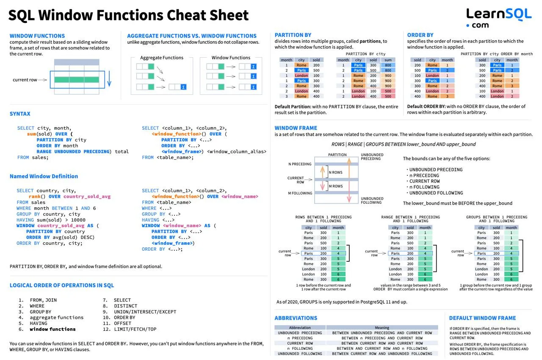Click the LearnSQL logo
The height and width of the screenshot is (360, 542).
point(499,18)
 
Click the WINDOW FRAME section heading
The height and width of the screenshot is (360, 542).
point(296,128)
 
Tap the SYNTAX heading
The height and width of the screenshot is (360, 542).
point(20,114)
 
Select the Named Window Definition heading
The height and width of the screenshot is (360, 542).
point(44,176)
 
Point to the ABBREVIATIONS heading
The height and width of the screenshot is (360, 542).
point(296,318)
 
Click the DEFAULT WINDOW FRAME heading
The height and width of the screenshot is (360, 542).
point(482,318)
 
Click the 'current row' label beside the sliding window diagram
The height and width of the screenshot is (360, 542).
point(25,80)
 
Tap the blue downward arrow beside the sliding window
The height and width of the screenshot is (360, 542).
point(109,79)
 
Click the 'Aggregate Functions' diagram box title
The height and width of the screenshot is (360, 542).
point(162,58)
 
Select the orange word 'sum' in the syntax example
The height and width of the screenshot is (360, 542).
point(31,134)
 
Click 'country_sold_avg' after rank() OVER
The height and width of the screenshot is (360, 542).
point(87,197)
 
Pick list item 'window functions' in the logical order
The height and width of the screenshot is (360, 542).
point(53,329)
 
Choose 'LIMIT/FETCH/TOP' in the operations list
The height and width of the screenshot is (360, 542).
point(135,329)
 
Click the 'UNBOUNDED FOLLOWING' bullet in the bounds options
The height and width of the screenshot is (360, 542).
point(436,193)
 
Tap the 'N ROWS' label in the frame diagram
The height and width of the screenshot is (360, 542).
point(336,172)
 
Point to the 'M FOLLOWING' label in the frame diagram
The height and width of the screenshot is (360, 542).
point(300,193)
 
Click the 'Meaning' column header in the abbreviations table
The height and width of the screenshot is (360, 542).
point(382,327)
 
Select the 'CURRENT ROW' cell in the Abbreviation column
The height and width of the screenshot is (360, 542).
point(300,343)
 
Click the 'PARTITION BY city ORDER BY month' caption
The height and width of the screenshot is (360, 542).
point(497,54)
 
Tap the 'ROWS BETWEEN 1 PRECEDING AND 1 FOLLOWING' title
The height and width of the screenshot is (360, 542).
point(324,219)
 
